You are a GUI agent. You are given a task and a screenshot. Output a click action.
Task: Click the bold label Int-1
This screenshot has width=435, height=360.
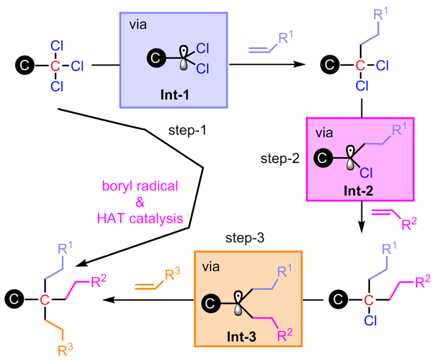(x=175, y=95)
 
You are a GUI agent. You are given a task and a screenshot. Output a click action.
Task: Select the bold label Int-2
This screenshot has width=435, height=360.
(x=358, y=191)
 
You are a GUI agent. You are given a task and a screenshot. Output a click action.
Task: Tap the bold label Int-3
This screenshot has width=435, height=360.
(x=241, y=337)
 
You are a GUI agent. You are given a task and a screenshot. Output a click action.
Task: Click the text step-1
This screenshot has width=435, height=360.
(x=187, y=130)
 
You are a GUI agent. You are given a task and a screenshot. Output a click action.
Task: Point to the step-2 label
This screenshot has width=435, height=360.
(x=280, y=159)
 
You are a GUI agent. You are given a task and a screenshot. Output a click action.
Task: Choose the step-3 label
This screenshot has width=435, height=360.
(x=245, y=238)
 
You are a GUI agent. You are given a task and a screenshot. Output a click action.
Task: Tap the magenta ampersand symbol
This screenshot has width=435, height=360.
(x=140, y=202)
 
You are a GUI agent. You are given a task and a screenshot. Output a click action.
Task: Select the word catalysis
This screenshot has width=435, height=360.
(x=156, y=219)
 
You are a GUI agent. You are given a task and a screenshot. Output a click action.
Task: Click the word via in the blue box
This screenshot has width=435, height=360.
(x=138, y=24)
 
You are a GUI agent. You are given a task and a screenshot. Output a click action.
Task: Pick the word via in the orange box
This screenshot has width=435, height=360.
(x=211, y=267)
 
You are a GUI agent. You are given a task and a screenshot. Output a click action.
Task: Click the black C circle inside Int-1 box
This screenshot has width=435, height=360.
(x=156, y=58)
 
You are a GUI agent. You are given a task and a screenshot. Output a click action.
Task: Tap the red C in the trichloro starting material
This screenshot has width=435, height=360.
(x=55, y=66)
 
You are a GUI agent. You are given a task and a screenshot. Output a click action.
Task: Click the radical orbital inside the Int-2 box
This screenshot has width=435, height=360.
(x=351, y=158)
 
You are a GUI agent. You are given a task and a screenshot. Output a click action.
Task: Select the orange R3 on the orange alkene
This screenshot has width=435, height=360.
(x=172, y=274)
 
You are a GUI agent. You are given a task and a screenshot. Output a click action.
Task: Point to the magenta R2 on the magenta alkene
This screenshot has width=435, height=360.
(x=409, y=224)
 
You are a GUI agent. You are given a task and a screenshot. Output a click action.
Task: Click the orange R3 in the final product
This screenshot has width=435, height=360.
(x=65, y=350)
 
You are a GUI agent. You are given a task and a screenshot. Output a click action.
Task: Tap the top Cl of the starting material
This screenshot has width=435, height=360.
(x=57, y=46)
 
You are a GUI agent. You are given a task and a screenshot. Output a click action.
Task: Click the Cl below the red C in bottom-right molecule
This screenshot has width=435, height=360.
(x=370, y=321)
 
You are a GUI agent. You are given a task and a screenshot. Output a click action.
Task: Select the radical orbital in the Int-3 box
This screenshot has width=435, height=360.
(x=238, y=303)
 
